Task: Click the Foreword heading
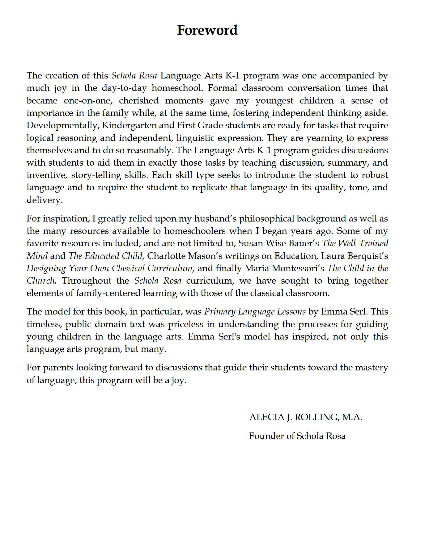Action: point(207,30)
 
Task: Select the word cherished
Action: point(138,101)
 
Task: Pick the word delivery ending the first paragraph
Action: point(44,200)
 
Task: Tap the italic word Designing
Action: point(46,268)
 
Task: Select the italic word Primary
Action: point(220,312)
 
